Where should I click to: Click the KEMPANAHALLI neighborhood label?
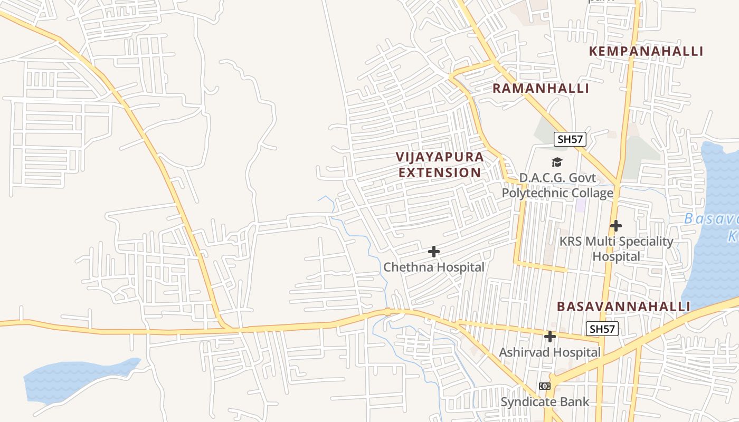(646, 51)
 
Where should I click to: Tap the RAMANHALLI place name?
(541, 88)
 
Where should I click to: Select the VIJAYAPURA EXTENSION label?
(440, 165)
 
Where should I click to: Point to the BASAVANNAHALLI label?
(623, 306)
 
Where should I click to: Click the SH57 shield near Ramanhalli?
(570, 139)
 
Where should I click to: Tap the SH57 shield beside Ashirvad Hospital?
(602, 329)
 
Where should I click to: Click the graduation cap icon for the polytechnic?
(557, 162)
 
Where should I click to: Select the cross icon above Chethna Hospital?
(434, 252)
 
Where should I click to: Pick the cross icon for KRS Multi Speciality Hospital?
(615, 226)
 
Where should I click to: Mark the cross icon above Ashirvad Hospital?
(550, 336)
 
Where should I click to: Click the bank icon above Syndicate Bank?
(545, 386)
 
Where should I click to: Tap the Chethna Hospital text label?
(434, 267)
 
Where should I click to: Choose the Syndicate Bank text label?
(545, 402)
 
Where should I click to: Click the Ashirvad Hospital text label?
(550, 352)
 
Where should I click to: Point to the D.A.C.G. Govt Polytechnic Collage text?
(557, 185)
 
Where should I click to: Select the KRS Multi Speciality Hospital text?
(616, 249)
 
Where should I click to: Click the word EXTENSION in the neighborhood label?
(440, 172)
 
